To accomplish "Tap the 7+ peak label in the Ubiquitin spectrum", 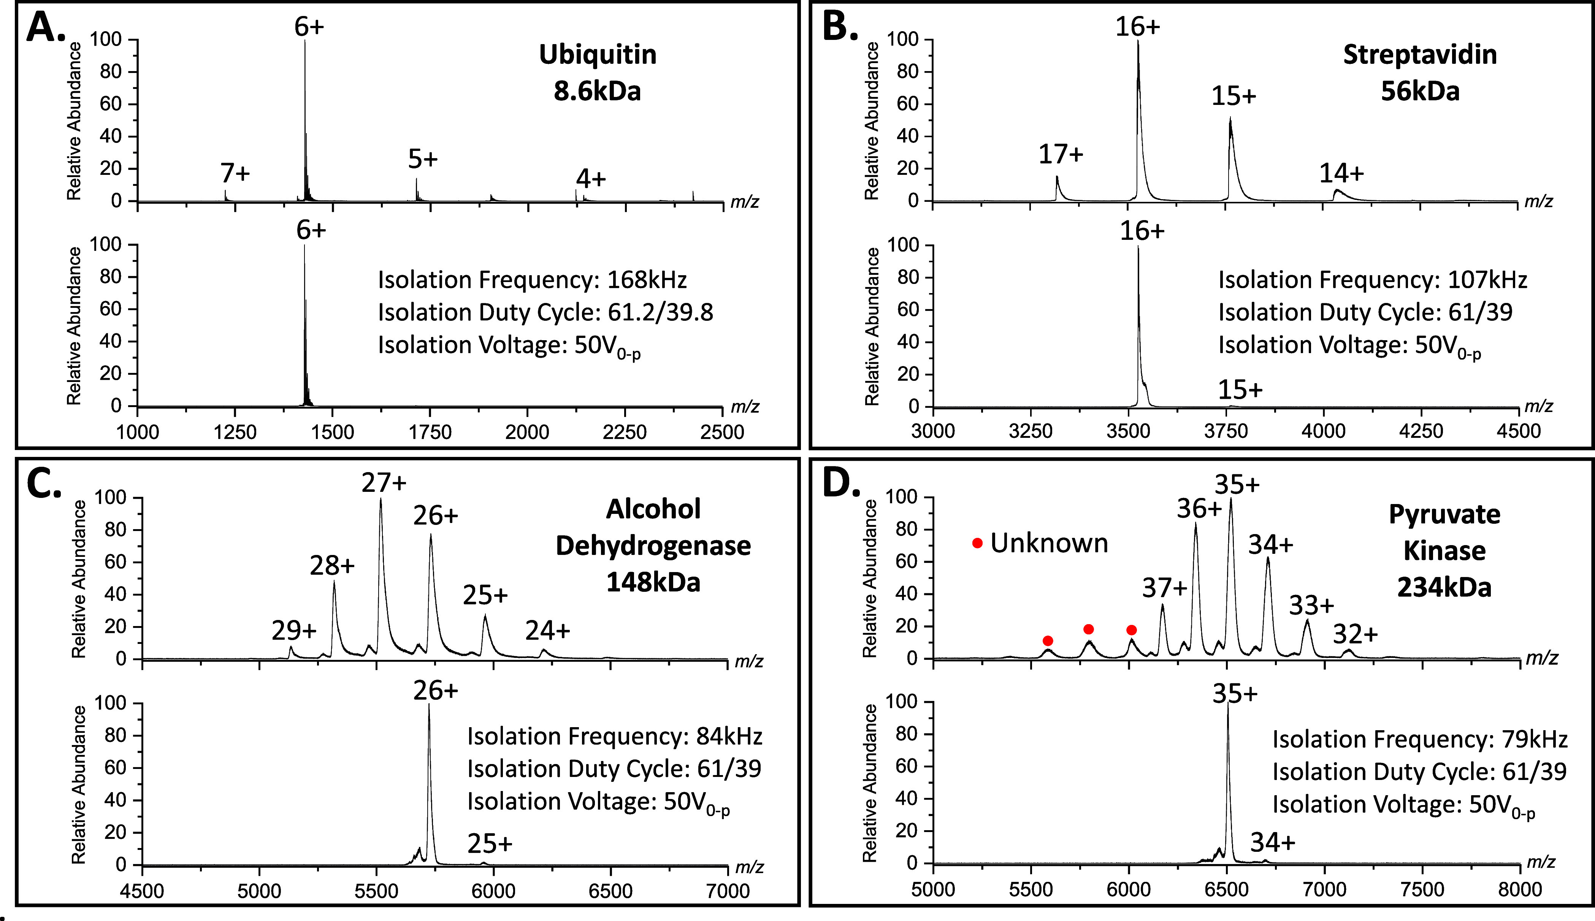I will point(235,173).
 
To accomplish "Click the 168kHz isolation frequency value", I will point(646,280).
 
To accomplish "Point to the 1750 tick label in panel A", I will point(430,433).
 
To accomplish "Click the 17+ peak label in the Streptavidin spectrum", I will point(1061,154).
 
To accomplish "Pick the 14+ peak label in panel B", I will point(1341,173).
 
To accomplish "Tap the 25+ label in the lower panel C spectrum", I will point(490,844).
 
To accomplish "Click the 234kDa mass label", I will point(1444,588).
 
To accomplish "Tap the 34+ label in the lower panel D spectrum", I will point(1272,843).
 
